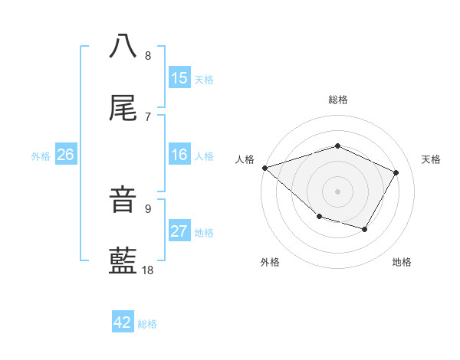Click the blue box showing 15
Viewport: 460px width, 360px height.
[179, 78]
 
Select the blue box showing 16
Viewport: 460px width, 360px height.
[179, 155]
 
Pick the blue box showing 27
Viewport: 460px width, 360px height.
[179, 231]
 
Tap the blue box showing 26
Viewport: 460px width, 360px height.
[66, 155]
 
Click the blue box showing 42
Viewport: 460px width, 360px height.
[123, 322]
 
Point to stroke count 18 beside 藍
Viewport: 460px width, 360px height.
[149, 270]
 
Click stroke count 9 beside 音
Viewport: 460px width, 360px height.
[148, 208]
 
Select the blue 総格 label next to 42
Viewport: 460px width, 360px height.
[147, 324]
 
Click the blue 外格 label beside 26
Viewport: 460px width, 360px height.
[41, 156]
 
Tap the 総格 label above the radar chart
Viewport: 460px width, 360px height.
[337, 100]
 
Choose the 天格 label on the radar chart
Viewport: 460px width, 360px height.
[432, 159]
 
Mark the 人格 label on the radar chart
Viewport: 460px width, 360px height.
[245, 159]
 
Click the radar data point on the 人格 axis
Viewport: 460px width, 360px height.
[264, 168]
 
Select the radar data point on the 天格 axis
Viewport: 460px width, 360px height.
[396, 172]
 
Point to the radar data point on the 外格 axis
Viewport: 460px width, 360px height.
[319, 218]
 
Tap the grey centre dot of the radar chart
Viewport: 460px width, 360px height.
[337, 191]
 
